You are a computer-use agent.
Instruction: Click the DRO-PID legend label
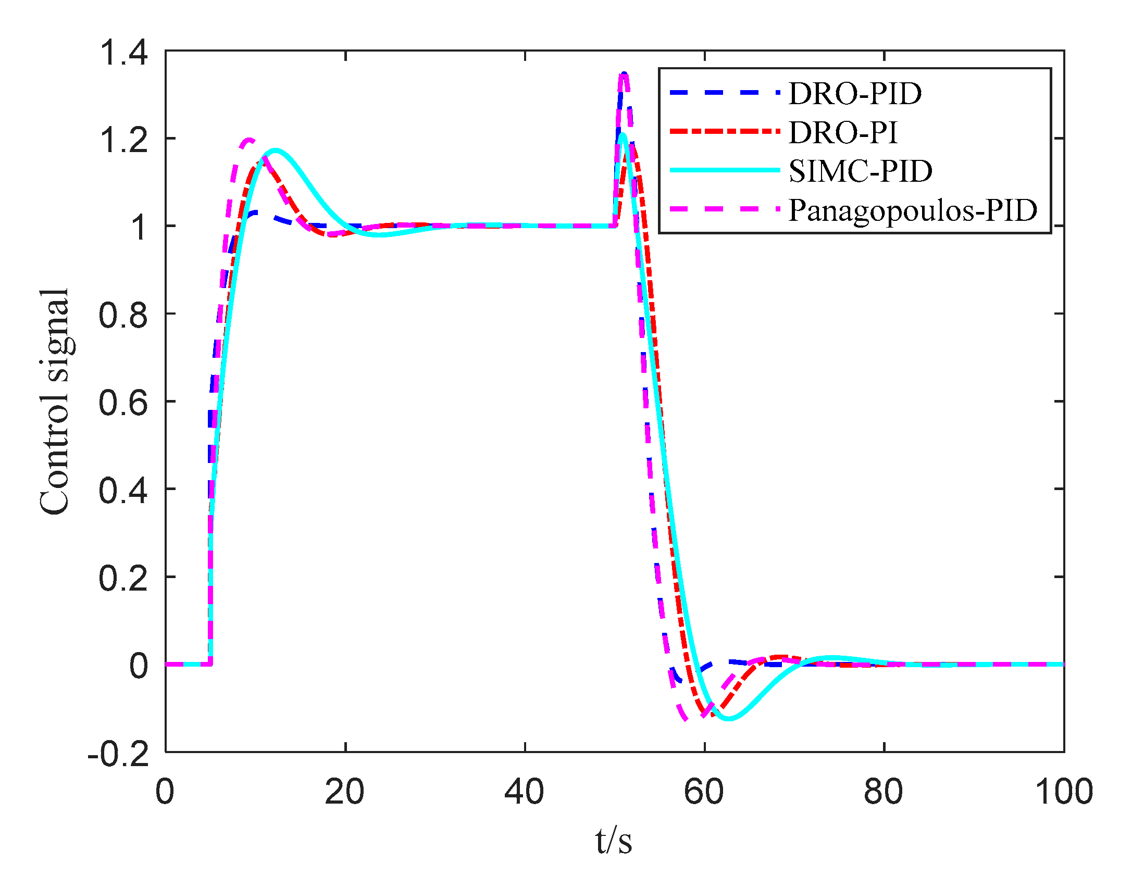(855, 94)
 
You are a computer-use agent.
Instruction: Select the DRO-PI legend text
(843, 132)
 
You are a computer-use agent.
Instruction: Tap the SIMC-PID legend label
(860, 171)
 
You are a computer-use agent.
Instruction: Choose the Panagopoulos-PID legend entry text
(913, 210)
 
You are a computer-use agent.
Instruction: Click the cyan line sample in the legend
(724, 170)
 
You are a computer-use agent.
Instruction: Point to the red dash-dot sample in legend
(724, 131)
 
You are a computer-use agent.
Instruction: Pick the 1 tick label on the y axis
(139, 228)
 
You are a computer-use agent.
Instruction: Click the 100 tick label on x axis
(1063, 793)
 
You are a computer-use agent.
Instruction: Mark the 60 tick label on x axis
(704, 793)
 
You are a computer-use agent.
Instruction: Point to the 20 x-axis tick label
(344, 793)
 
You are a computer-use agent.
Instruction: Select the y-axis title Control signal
(54, 402)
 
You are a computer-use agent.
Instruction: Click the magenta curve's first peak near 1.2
(249, 139)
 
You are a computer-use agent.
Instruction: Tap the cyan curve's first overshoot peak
(275, 151)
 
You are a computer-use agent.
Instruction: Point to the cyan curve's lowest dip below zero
(729, 719)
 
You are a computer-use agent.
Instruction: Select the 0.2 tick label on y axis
(123, 578)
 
